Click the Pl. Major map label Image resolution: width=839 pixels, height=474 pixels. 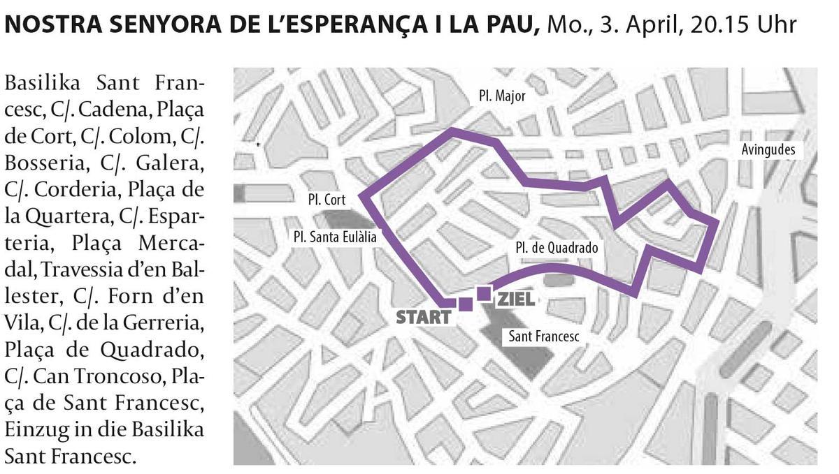pos(502,97)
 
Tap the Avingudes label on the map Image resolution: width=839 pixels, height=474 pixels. pos(768,150)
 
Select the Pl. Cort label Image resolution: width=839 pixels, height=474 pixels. pos(326,200)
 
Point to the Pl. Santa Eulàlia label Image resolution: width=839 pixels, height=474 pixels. pos(335,237)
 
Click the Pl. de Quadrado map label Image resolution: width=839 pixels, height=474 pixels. pos(557,247)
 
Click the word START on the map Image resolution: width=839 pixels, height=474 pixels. pos(424,317)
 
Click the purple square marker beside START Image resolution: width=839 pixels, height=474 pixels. pos(465,304)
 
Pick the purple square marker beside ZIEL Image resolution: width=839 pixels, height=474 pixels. pos(483,293)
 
